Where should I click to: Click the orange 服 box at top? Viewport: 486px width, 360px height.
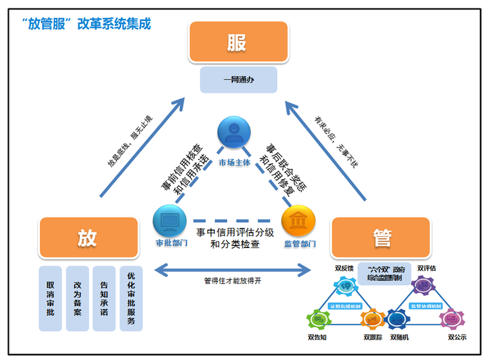238,43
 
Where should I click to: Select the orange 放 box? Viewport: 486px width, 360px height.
88,237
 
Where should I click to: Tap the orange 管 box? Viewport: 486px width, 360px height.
382,237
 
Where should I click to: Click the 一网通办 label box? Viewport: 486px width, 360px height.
239,80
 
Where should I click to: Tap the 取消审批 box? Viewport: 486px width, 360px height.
50,298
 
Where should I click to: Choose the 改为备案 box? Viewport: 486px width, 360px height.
77,298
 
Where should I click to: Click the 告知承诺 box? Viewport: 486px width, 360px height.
104,298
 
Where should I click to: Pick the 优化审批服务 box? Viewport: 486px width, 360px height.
131,298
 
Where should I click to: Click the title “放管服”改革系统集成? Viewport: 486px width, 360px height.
85,24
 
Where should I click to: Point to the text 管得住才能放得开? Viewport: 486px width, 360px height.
232,280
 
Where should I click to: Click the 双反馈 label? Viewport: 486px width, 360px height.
344,268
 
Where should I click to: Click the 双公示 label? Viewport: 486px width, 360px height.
457,337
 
